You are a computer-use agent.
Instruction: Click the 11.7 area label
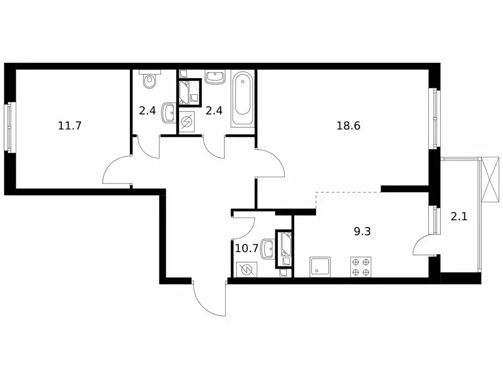coord(69,125)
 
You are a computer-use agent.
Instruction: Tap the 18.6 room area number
coord(348,125)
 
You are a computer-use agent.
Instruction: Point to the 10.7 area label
coord(246,248)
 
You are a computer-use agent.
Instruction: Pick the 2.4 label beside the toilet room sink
coord(147,111)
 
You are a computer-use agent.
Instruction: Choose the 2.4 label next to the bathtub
coord(214,111)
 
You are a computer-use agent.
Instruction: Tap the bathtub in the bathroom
coord(242,99)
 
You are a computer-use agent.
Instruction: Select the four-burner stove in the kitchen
coord(360,267)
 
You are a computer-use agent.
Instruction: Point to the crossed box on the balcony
coord(492,179)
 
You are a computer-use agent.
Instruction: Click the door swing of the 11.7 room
coord(117,170)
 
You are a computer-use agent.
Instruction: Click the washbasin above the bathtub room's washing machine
coord(215,77)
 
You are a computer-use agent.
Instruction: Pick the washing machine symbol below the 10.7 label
coord(246,269)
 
